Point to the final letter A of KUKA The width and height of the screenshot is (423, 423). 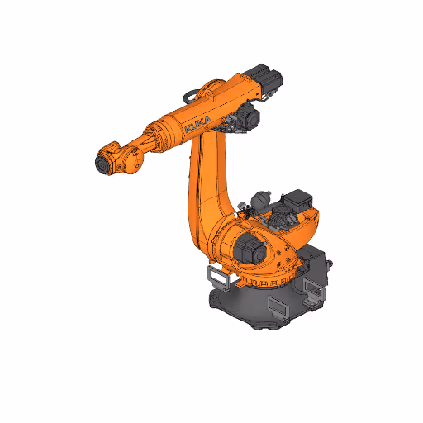tap(207, 120)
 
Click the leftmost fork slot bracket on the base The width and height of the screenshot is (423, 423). tap(216, 277)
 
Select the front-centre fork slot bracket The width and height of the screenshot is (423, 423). tap(277, 307)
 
